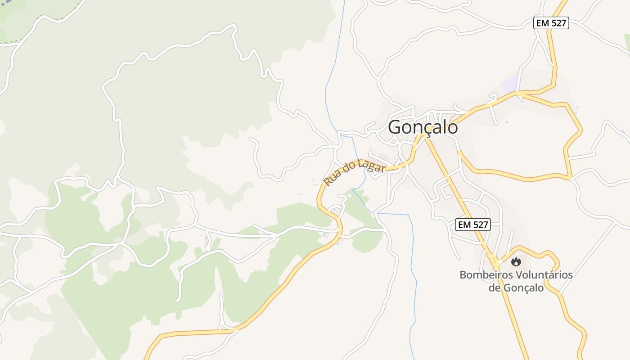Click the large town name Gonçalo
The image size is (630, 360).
point(423,127)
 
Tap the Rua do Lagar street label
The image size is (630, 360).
point(354,173)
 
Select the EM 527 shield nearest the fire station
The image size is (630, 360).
point(472,225)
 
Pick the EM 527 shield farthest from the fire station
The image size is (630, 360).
point(551,23)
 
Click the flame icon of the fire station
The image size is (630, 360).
point(516,261)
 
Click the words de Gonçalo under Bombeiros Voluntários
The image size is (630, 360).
point(516,288)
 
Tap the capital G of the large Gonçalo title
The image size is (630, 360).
point(394,127)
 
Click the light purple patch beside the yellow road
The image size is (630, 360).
point(509,84)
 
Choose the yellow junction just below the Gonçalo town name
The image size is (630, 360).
point(423,137)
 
